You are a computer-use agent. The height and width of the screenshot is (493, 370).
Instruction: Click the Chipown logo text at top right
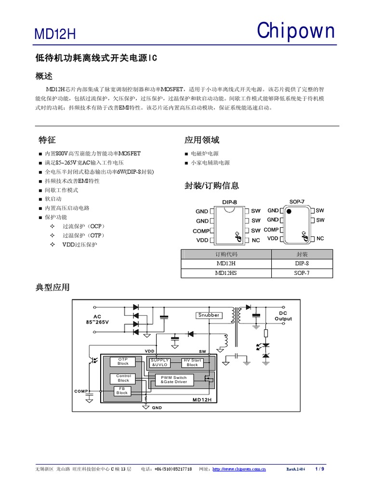coord(295,31)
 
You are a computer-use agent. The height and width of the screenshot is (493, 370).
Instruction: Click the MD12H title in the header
coord(55,35)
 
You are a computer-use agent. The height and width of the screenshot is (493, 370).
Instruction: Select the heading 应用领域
coord(202,140)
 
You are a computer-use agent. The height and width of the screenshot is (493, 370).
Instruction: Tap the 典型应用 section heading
coord(53,287)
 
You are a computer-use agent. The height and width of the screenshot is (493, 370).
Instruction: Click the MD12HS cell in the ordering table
coord(226,273)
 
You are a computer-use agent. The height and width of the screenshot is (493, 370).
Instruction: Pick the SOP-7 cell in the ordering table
coord(302,273)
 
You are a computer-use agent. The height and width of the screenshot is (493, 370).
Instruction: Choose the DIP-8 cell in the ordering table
coord(302,264)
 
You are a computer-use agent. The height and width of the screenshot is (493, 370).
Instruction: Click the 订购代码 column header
coord(226,255)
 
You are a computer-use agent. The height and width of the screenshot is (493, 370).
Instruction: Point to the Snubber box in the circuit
coord(209,315)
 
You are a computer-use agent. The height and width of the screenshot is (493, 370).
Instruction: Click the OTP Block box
coord(123,362)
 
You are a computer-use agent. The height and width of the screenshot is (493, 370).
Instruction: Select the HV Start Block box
coord(192,363)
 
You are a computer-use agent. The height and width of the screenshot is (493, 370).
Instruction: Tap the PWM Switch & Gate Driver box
coord(173,380)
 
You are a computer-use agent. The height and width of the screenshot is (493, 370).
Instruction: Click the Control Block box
coord(123,378)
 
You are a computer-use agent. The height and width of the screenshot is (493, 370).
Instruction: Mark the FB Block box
coord(122,391)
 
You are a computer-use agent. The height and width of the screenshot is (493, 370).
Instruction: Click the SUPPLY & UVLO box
coord(160,363)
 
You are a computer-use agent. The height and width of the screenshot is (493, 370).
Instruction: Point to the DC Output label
coord(283,316)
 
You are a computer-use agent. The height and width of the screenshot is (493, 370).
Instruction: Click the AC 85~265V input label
coord(97,319)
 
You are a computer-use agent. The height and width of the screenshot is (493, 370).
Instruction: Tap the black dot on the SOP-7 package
coord(289,211)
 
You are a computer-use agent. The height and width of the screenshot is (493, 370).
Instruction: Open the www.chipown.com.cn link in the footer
coord(239,469)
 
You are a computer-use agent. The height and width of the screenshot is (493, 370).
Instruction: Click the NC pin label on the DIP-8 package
coord(256,240)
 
